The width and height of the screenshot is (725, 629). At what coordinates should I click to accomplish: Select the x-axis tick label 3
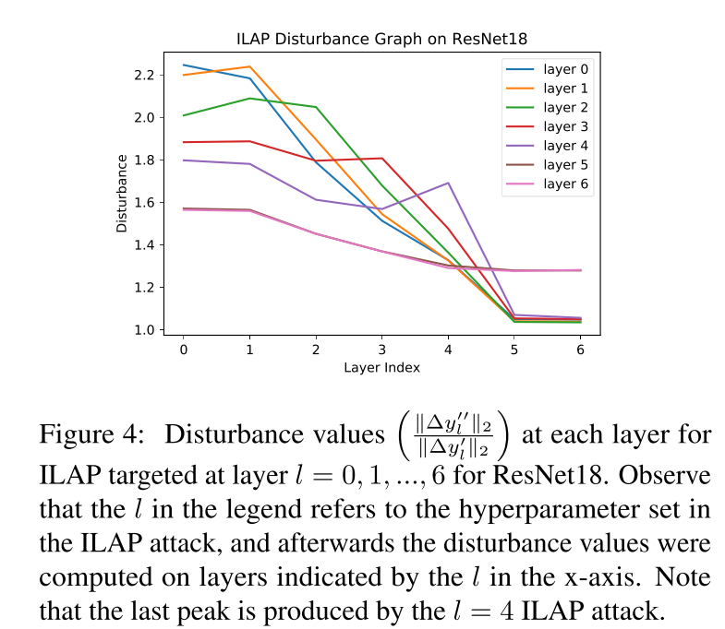tap(382, 350)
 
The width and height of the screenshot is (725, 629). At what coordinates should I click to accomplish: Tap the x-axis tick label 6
tap(580, 350)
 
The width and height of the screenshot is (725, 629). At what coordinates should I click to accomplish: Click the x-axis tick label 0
tap(184, 350)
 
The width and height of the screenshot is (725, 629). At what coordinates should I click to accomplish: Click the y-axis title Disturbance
tap(121, 193)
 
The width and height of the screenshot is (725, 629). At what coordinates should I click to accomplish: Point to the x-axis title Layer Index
tap(382, 368)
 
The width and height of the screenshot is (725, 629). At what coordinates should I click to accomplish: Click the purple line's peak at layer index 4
tap(448, 183)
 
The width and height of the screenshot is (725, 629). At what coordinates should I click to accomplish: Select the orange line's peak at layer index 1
tap(249, 66)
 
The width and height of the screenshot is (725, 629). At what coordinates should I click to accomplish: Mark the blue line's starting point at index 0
tap(184, 65)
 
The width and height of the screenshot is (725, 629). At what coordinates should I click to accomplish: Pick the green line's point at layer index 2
tap(316, 107)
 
